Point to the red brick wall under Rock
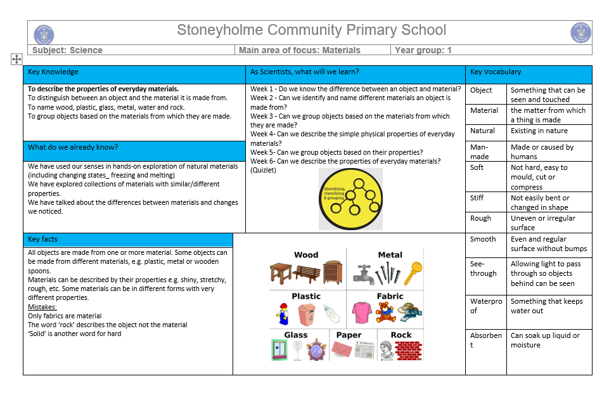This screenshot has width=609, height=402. (408, 350)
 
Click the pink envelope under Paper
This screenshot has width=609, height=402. (342, 349)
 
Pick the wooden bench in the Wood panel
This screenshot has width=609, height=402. (307, 273)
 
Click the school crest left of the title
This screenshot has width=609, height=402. (44, 34)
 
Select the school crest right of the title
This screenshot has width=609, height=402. (580, 32)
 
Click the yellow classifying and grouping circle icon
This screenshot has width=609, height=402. (350, 198)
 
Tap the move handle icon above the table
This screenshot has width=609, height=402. (16, 59)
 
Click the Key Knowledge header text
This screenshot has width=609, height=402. (53, 72)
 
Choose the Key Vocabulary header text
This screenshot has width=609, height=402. (496, 72)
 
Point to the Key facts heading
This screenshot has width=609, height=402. (43, 240)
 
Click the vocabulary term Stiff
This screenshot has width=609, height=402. (477, 198)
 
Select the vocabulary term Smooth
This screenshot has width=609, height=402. (483, 239)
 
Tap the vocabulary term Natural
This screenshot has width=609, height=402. (482, 131)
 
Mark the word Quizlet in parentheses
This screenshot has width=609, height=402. (264, 170)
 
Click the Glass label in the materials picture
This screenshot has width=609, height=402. (295, 335)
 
